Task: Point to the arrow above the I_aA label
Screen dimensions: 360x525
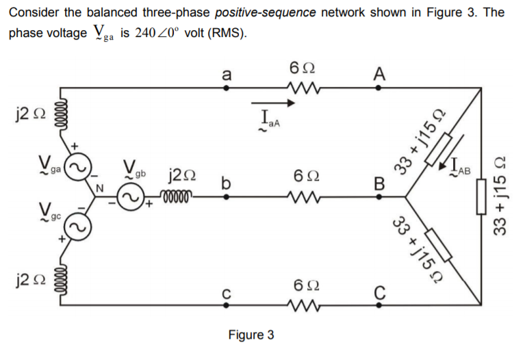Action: pos(279,105)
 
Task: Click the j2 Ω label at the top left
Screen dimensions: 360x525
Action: pos(24,111)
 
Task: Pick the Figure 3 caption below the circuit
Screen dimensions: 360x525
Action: pos(251,335)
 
